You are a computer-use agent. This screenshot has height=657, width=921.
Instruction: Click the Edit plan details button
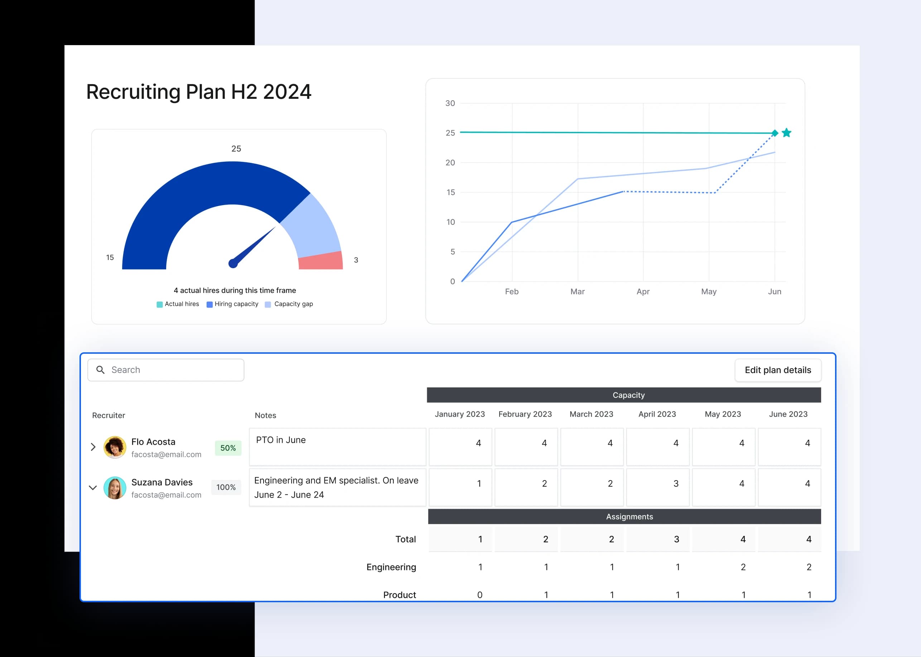777,370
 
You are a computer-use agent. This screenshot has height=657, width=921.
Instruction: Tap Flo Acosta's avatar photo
115,447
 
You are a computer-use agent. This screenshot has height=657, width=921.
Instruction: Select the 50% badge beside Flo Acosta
228,448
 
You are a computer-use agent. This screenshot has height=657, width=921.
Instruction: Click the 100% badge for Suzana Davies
226,487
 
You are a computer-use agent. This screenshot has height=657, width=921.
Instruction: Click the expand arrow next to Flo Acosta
93,447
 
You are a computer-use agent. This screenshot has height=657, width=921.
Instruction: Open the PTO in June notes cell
337,446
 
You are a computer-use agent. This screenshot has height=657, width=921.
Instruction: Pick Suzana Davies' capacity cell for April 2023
657,487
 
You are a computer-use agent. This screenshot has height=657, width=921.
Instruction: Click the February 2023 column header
525,414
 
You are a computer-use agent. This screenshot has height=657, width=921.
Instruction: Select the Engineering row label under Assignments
391,567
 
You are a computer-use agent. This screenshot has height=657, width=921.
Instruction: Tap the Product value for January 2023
480,595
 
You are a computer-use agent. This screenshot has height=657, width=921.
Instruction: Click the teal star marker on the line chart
786,133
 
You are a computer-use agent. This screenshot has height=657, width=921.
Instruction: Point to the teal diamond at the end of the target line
775,133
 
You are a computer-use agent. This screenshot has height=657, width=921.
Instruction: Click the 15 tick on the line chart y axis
450,192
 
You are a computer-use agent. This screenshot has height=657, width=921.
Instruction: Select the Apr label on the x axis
643,291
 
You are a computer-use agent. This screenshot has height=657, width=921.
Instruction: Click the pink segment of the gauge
321,261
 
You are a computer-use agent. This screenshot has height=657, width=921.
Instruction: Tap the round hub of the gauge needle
233,264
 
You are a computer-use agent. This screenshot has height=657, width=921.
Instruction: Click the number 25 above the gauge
236,149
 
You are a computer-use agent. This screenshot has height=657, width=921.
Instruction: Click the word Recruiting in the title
133,92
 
